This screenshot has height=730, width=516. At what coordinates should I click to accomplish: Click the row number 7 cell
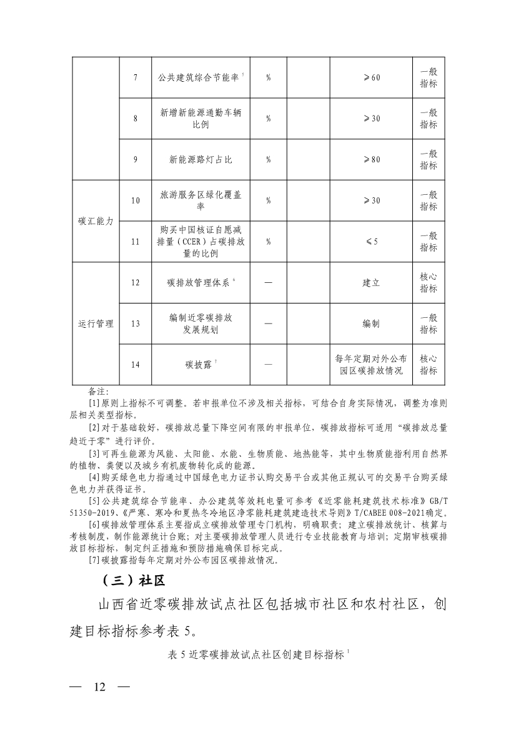[135, 77]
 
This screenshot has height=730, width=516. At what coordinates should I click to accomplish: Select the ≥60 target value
[371, 77]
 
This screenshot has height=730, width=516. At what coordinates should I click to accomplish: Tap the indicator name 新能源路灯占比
[201, 160]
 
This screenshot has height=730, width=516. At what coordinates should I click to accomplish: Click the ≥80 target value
[371, 160]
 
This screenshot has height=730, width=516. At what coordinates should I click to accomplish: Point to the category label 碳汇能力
[96, 222]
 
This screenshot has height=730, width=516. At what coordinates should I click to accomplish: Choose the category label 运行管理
[96, 324]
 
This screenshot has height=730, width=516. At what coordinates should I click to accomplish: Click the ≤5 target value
[371, 242]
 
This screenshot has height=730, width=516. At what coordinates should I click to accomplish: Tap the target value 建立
[371, 283]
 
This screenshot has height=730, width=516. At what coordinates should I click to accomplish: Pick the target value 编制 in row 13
[371, 324]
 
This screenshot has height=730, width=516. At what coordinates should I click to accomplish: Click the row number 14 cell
[135, 365]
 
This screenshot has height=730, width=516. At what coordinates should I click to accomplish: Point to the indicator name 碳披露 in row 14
[198, 365]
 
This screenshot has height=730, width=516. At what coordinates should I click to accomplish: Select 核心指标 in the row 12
[429, 283]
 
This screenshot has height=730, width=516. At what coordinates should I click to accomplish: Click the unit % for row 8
[268, 119]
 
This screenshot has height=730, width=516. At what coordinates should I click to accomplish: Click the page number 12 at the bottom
[99, 688]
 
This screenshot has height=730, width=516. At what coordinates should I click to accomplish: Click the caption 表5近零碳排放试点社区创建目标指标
[257, 654]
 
